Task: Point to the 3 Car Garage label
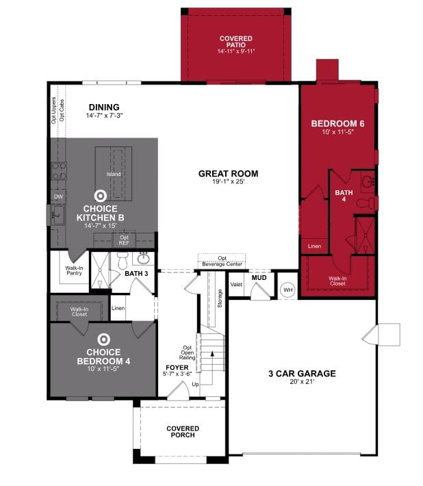[x=301, y=374]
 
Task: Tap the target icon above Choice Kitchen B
[x=100, y=196]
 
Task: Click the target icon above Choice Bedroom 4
[x=103, y=339]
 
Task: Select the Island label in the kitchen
[x=113, y=174]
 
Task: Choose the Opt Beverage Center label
[x=222, y=261]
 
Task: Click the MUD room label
[x=259, y=278]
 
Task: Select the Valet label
[x=236, y=284]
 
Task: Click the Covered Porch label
[x=183, y=431]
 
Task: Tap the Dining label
[x=103, y=107]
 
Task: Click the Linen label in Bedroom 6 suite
[x=314, y=246]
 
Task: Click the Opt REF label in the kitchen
[x=125, y=240]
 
